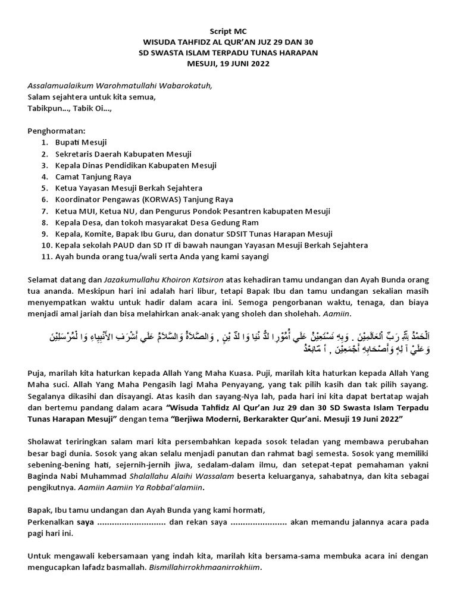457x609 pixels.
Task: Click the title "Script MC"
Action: [228, 32]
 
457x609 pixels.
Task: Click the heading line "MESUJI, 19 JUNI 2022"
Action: [228, 64]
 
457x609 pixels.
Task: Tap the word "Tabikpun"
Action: [47, 108]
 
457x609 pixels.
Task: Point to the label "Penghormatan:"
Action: [57, 130]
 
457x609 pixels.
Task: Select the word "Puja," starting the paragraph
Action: [38, 373]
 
